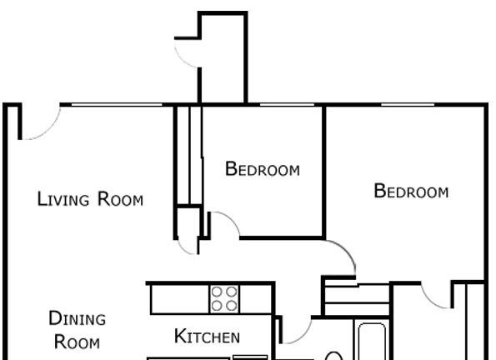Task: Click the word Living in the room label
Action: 63,199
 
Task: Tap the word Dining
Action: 78,318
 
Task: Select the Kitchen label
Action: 207,336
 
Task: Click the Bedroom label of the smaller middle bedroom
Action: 263,169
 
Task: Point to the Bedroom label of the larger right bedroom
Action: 411,191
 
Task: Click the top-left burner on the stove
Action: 217,292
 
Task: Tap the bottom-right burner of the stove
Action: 232,306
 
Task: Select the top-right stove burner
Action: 232,292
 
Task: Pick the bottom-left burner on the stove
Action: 217,306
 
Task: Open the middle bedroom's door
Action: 232,219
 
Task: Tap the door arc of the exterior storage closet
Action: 182,58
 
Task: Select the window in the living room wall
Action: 117,105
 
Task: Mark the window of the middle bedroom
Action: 288,105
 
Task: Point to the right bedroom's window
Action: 408,105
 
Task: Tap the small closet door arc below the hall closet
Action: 184,249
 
